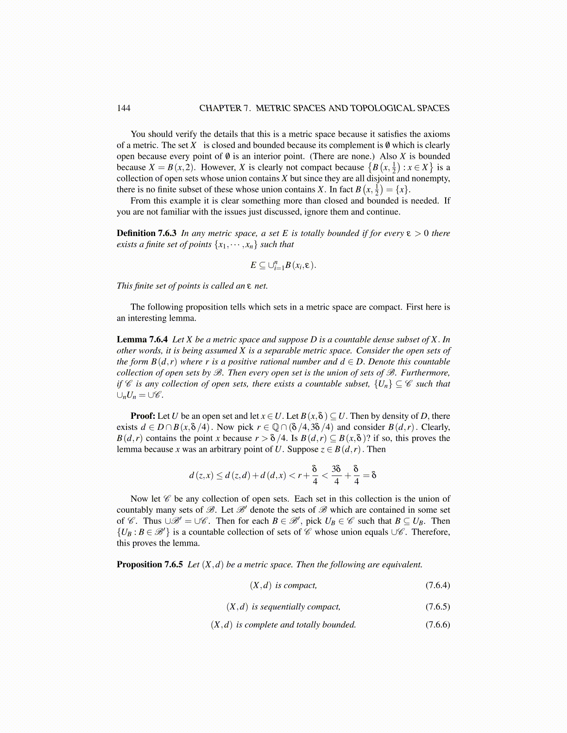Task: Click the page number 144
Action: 124,108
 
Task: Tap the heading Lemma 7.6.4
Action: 142,340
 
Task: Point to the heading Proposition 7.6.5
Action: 150,565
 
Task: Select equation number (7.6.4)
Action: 438,585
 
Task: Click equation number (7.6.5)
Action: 438,607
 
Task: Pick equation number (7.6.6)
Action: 438,625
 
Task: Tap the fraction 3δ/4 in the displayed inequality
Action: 336,475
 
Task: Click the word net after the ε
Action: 261,286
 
